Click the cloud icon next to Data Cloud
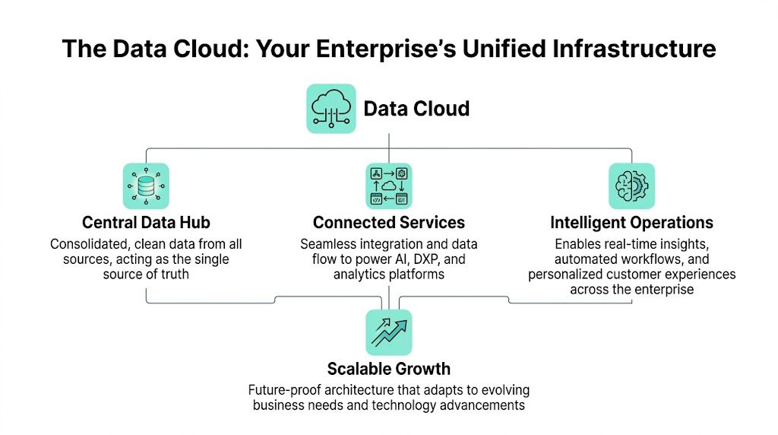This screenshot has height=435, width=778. pos(330,109)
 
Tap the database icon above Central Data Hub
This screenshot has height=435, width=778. pos(146,186)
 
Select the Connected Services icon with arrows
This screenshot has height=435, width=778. pos(388,186)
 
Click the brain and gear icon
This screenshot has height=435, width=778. pos(631,186)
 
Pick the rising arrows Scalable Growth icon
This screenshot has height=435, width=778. pos(388,332)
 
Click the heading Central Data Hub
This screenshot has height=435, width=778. pos(145,223)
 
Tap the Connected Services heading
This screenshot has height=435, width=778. pos(388,223)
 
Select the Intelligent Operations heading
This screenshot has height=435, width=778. pos(631,223)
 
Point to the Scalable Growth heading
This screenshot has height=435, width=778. pos(388,370)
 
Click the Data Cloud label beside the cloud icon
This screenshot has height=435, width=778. pos(416,109)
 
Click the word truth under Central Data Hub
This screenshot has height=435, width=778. pos(171,274)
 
